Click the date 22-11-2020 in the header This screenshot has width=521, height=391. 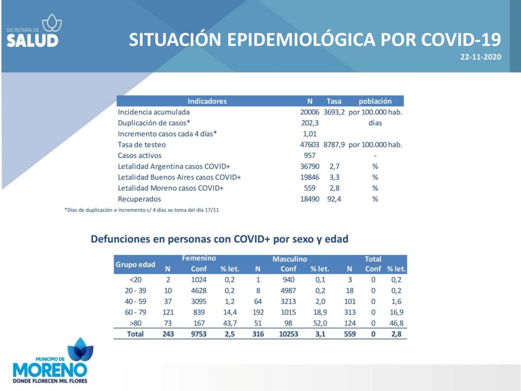coord(480,57)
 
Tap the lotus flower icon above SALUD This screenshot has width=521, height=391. coord(52,23)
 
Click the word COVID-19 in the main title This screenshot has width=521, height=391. coord(461,40)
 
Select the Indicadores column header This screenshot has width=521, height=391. coord(207,101)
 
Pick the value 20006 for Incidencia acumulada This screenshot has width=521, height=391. coord(310,112)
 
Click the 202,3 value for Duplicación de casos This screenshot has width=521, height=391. coord(310,123)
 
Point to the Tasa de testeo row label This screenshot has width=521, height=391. coord(141,145)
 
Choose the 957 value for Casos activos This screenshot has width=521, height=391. coord(310,156)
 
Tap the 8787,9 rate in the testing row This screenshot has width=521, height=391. coord(334,145)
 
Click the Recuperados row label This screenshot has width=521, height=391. coord(139,199)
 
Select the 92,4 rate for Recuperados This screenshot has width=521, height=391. coord(334,199)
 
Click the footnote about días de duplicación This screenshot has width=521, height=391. coord(141,210)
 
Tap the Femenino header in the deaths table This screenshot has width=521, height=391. coord(199,258)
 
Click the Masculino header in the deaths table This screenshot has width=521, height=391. coord(290,259)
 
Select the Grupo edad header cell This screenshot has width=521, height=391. coord(135,265)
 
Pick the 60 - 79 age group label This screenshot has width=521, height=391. coord(135,312)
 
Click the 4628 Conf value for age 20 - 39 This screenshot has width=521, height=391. coord(199,291)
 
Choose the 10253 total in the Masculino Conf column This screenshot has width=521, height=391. coord(288,334)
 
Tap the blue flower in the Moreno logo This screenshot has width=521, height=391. coord(80,349)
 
